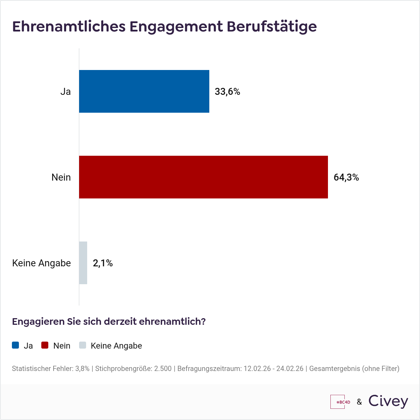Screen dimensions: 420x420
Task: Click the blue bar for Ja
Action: tap(144, 91)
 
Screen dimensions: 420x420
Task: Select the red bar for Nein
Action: tap(203, 177)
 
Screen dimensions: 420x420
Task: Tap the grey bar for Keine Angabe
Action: tap(83, 263)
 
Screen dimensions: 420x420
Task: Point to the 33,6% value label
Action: tap(227, 92)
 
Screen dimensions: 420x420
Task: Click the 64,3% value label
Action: tap(346, 177)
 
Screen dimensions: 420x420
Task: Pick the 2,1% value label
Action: tap(103, 263)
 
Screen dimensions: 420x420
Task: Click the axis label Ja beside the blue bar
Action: tap(65, 92)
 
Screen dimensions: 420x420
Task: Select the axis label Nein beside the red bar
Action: tap(61, 177)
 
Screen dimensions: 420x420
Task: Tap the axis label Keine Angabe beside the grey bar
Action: tap(41, 263)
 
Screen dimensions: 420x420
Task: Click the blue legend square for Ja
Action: tap(15, 345)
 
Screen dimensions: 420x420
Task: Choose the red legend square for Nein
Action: tap(45, 345)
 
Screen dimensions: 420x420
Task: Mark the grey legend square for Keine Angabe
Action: tap(82, 345)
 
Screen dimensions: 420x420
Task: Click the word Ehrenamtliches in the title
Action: tap(69, 27)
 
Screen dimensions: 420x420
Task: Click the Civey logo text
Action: tap(388, 401)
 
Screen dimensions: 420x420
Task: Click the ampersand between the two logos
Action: tap(359, 402)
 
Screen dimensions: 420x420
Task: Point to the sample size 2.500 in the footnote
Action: tap(163, 369)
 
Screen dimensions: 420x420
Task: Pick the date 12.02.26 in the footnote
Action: tap(257, 369)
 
